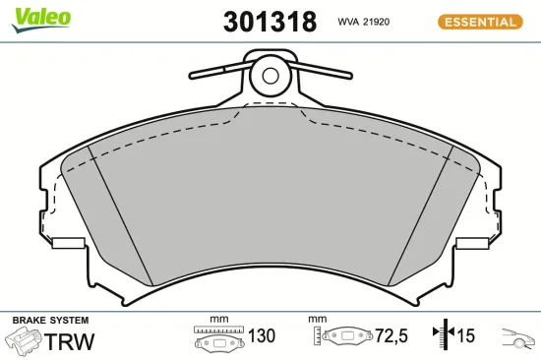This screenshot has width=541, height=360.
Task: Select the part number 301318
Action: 270,22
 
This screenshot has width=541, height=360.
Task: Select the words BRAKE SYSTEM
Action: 50,321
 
